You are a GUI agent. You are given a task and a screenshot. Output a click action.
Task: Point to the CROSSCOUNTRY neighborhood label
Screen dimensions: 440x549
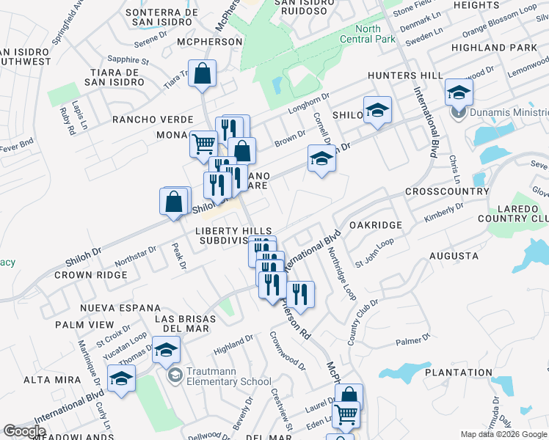[447, 191]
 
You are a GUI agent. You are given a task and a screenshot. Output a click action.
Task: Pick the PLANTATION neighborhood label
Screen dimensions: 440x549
[464, 373]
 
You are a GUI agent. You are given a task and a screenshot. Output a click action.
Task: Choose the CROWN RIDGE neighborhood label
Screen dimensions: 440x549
[91, 275]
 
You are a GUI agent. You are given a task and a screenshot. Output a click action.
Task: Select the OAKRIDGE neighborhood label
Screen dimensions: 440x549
[375, 225]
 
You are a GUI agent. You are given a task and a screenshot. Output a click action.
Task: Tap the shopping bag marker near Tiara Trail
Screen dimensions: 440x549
[202, 74]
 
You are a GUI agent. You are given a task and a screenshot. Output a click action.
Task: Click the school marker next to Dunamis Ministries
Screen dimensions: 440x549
[459, 92]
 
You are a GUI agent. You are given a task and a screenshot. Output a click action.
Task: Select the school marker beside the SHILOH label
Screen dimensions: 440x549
[377, 110]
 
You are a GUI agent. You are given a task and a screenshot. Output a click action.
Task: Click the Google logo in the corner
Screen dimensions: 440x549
[24, 431]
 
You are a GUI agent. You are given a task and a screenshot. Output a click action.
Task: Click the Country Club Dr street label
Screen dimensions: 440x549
[362, 322]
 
